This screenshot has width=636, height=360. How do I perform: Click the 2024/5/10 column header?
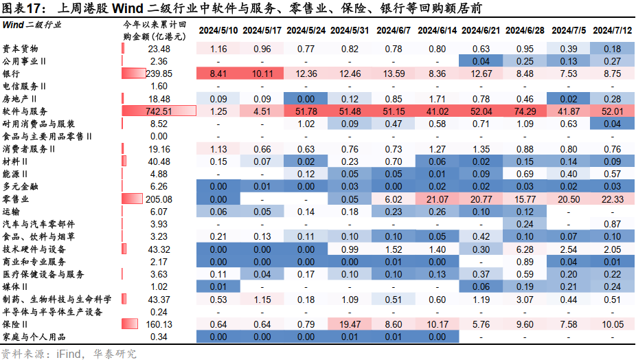[x=219, y=31]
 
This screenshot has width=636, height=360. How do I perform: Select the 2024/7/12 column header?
[x=612, y=31]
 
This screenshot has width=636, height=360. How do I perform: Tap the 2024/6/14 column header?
[x=437, y=31]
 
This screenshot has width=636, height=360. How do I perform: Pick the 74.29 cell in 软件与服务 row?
[x=525, y=111]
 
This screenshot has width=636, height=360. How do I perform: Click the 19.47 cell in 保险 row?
[x=350, y=324]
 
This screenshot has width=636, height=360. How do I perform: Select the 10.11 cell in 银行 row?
[x=262, y=74]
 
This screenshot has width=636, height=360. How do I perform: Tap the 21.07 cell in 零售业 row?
[x=437, y=199]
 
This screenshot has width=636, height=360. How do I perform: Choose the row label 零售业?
[x=16, y=199]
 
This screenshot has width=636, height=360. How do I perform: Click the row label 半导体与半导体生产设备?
[x=52, y=311]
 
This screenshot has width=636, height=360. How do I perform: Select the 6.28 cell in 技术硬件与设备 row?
[x=525, y=249]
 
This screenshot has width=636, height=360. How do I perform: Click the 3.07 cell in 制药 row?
[x=525, y=299]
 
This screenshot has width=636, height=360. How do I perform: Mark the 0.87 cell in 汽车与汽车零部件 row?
[x=612, y=224]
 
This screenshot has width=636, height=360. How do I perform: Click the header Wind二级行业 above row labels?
[x=31, y=25]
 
